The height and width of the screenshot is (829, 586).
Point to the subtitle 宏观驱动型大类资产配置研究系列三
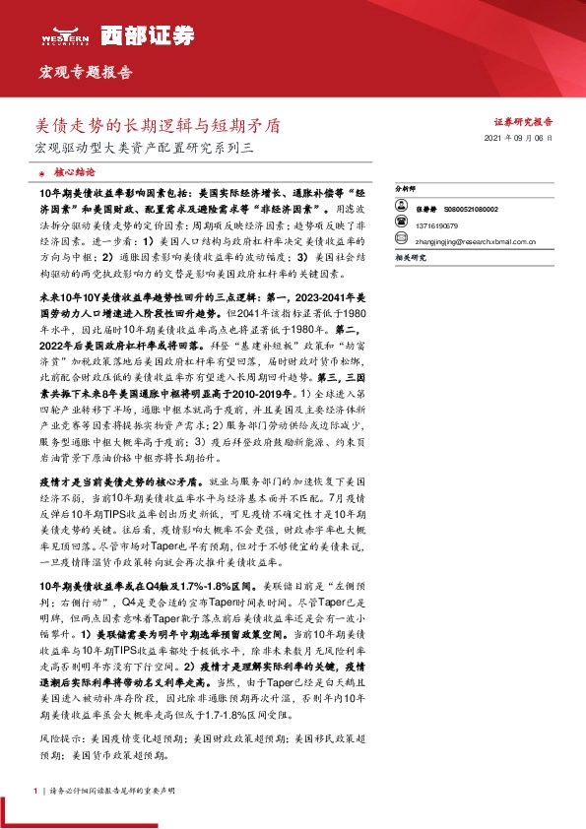144,149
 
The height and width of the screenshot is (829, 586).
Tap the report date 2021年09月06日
525,140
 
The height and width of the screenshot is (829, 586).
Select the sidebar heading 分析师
405,186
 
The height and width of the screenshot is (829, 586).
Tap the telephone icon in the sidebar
403,223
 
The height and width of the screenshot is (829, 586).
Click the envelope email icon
403,237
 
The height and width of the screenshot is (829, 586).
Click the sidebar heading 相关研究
408,257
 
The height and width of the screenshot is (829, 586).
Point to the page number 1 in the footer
35,791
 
